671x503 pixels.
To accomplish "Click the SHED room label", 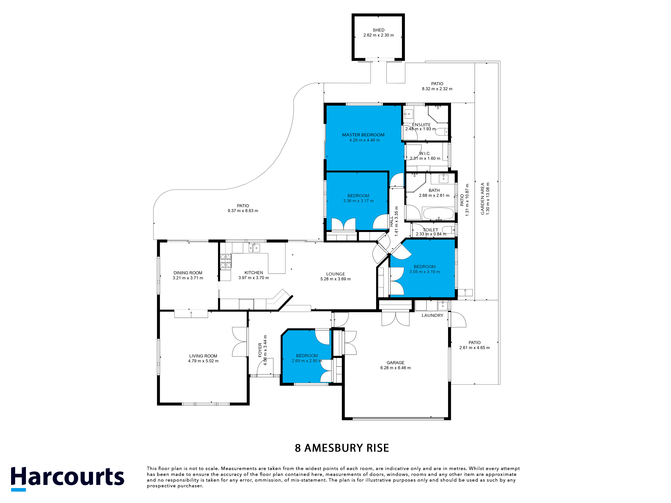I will click(x=378, y=30).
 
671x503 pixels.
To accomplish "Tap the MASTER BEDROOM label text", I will click(x=363, y=135).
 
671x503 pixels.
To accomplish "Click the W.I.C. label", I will click(x=425, y=153).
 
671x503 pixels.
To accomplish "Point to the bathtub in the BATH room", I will click(x=438, y=213).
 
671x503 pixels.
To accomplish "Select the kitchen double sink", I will click(x=254, y=248).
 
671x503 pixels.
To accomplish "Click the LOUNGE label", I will click(x=335, y=274).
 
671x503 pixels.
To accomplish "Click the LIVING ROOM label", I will click(x=203, y=356).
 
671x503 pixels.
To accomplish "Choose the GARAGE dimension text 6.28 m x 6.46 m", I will click(x=395, y=368).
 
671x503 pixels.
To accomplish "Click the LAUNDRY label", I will click(x=432, y=315).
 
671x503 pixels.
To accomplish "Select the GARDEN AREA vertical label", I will click(x=482, y=199).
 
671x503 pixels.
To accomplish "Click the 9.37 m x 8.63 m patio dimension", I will click(x=243, y=211).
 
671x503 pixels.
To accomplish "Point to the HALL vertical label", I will click(x=391, y=221).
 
